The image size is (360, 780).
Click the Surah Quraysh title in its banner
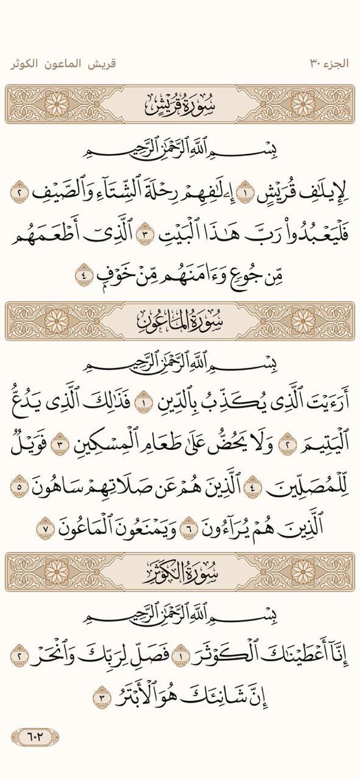click(180, 103)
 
